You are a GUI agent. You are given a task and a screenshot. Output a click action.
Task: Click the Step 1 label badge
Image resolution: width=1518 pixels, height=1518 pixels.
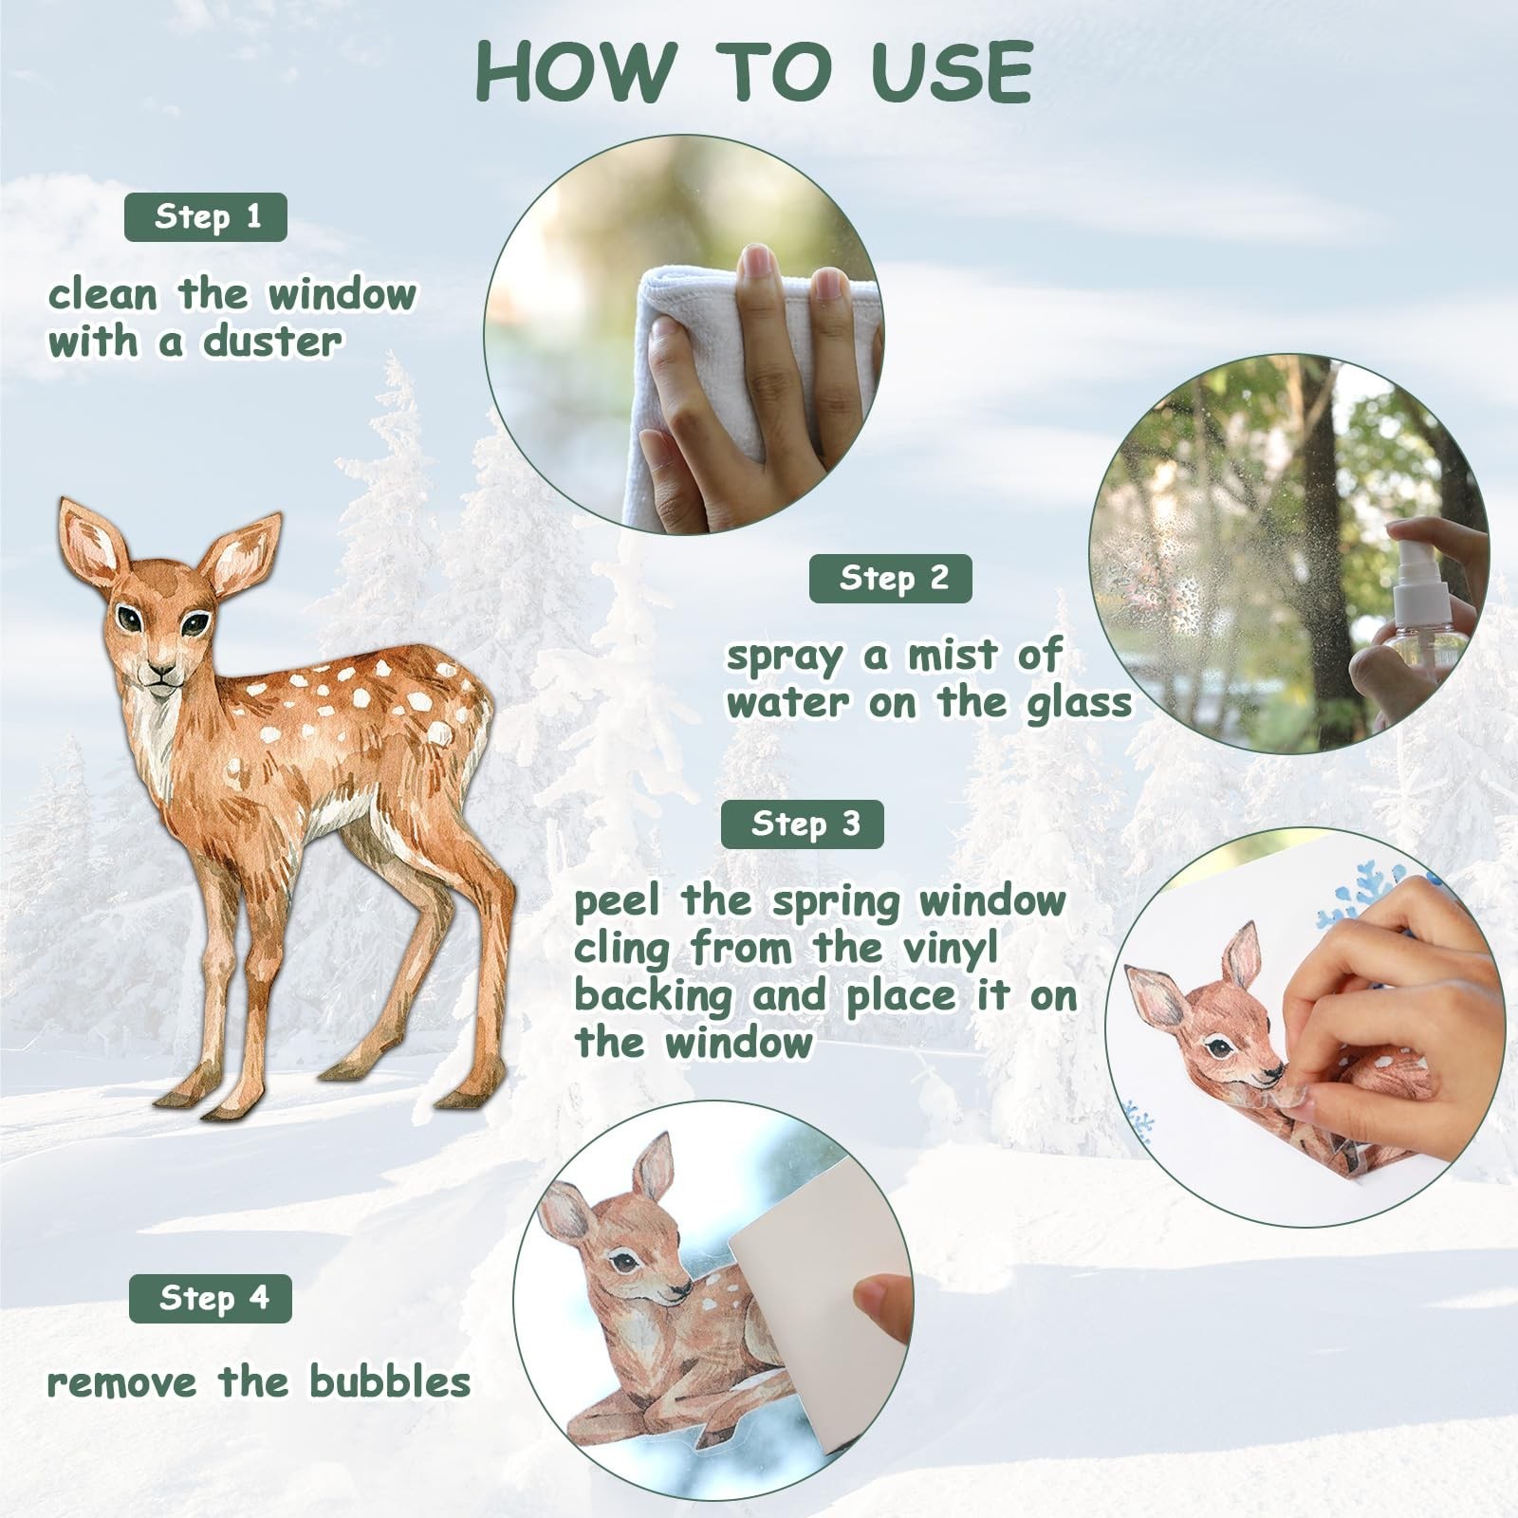(206, 217)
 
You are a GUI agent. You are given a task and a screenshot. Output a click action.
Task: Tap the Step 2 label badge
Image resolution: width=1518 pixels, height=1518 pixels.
(891, 578)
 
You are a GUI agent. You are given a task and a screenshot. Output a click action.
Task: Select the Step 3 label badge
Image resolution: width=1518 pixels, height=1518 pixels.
(803, 824)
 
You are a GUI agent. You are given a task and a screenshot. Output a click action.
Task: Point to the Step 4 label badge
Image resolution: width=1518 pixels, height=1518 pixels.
(211, 1298)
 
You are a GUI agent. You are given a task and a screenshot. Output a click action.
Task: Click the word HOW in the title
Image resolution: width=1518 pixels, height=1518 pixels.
(575, 72)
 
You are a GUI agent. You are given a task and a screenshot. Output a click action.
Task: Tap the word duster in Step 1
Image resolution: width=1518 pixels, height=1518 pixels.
(272, 342)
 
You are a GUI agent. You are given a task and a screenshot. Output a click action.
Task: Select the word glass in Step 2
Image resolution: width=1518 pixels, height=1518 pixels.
(1080, 703)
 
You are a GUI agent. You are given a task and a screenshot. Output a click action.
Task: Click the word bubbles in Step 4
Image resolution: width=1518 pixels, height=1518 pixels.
(390, 1381)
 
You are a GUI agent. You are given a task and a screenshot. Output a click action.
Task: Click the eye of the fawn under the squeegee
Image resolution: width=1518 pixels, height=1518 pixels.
(622, 1261)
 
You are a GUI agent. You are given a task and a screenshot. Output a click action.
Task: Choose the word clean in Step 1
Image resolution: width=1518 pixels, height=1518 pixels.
(102, 294)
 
